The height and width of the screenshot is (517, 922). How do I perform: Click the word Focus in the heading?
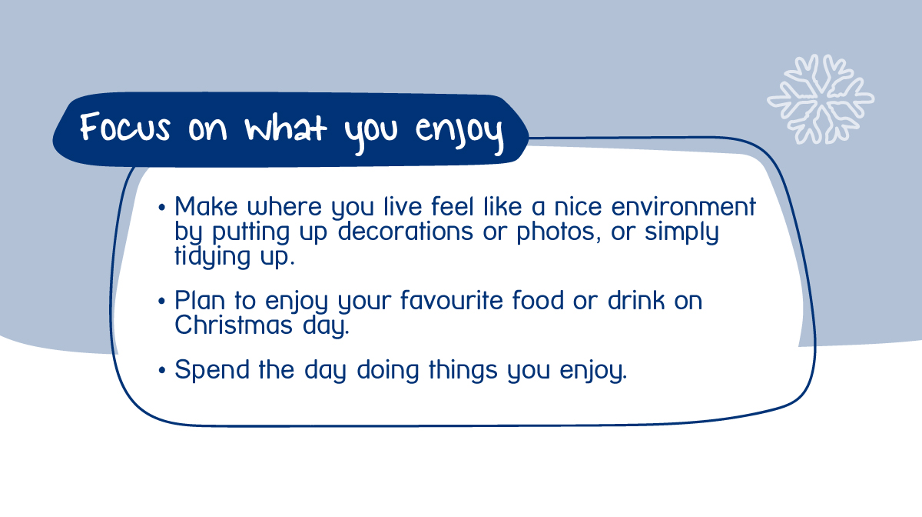(125, 128)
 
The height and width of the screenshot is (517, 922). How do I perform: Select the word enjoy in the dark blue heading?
(459, 131)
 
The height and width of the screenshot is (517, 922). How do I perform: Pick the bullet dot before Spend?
(161, 371)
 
